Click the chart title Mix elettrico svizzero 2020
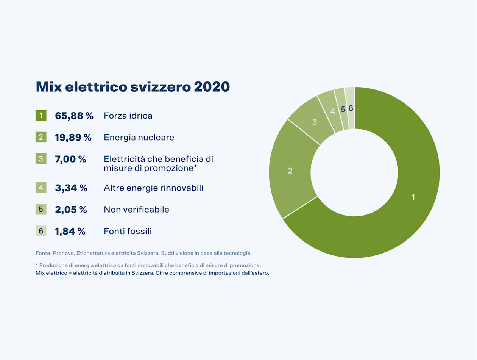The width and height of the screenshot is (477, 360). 132,87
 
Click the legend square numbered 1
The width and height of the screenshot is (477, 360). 41,116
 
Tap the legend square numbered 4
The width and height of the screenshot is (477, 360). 41,188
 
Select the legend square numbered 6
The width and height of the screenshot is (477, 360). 41,231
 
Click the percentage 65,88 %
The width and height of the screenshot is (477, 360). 74,116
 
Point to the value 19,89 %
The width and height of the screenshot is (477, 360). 73,138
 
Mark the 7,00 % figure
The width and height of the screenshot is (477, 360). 71,159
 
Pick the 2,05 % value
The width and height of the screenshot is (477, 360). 71,210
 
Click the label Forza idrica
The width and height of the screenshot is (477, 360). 128,116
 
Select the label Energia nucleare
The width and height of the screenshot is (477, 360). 139,138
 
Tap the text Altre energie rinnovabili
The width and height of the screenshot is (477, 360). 153,188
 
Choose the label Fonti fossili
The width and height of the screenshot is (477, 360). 128,231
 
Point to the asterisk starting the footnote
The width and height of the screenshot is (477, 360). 37,265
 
